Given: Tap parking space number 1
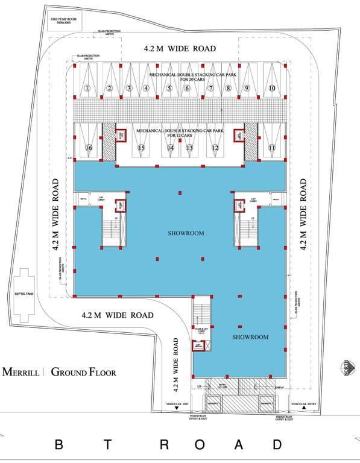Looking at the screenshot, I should click(87, 88).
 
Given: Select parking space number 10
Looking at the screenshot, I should click(272, 88).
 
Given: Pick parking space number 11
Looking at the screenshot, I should click(272, 148).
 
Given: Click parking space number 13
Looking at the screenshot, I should click(189, 148).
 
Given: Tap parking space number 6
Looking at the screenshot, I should click(188, 89).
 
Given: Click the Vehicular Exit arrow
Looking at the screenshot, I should click(177, 409).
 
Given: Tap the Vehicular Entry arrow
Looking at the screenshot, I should click(305, 409).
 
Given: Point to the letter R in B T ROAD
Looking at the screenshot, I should click(164, 446).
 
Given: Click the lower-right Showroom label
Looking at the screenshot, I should click(250, 337).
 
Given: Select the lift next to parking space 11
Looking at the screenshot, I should click(239, 136).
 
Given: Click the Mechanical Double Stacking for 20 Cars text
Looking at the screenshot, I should click(179, 76).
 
